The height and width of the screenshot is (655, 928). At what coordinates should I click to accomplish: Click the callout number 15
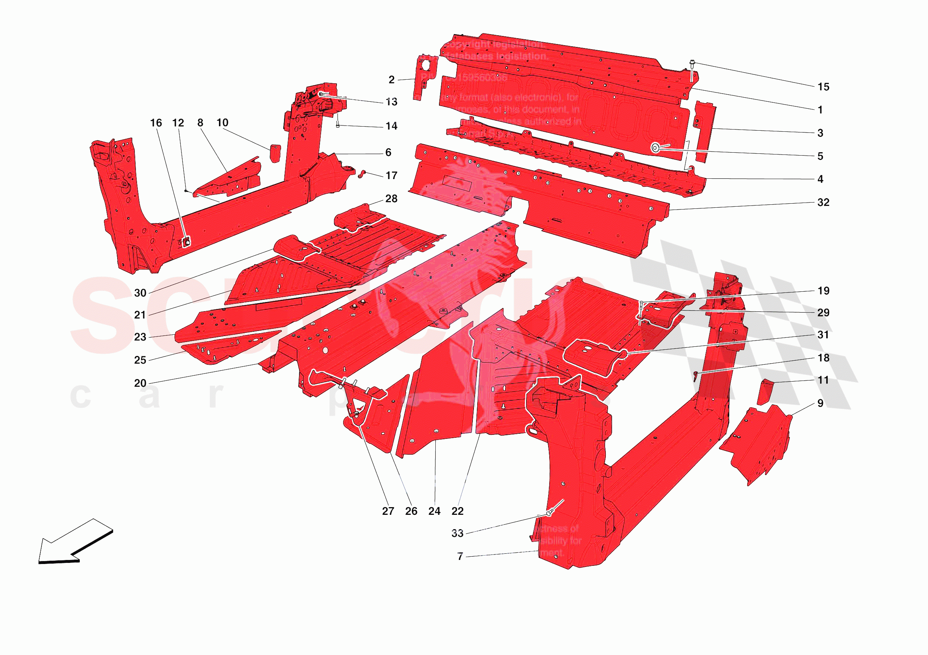coord(823,87)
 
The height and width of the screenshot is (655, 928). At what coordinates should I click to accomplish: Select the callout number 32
coord(823,202)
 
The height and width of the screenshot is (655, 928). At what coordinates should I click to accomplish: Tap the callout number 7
coord(460,556)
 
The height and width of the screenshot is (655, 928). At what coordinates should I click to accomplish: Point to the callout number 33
coord(457,533)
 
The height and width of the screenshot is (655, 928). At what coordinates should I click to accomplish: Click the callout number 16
coord(156,123)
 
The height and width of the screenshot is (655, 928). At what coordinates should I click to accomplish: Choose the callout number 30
coord(140,293)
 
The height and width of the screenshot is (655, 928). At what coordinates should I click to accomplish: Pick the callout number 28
coord(391,199)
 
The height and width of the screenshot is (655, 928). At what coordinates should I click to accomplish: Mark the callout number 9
coord(820,403)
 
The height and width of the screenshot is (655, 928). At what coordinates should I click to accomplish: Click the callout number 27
coord(388,511)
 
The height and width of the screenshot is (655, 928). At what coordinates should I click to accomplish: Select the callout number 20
coord(140,383)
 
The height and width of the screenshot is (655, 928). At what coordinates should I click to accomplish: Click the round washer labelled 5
coord(655,148)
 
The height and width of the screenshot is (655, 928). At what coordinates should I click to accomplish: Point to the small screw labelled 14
coord(338,125)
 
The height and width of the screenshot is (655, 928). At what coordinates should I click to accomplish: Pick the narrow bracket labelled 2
coord(424,77)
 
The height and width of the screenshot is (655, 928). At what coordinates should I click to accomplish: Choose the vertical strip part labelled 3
coord(705,131)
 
